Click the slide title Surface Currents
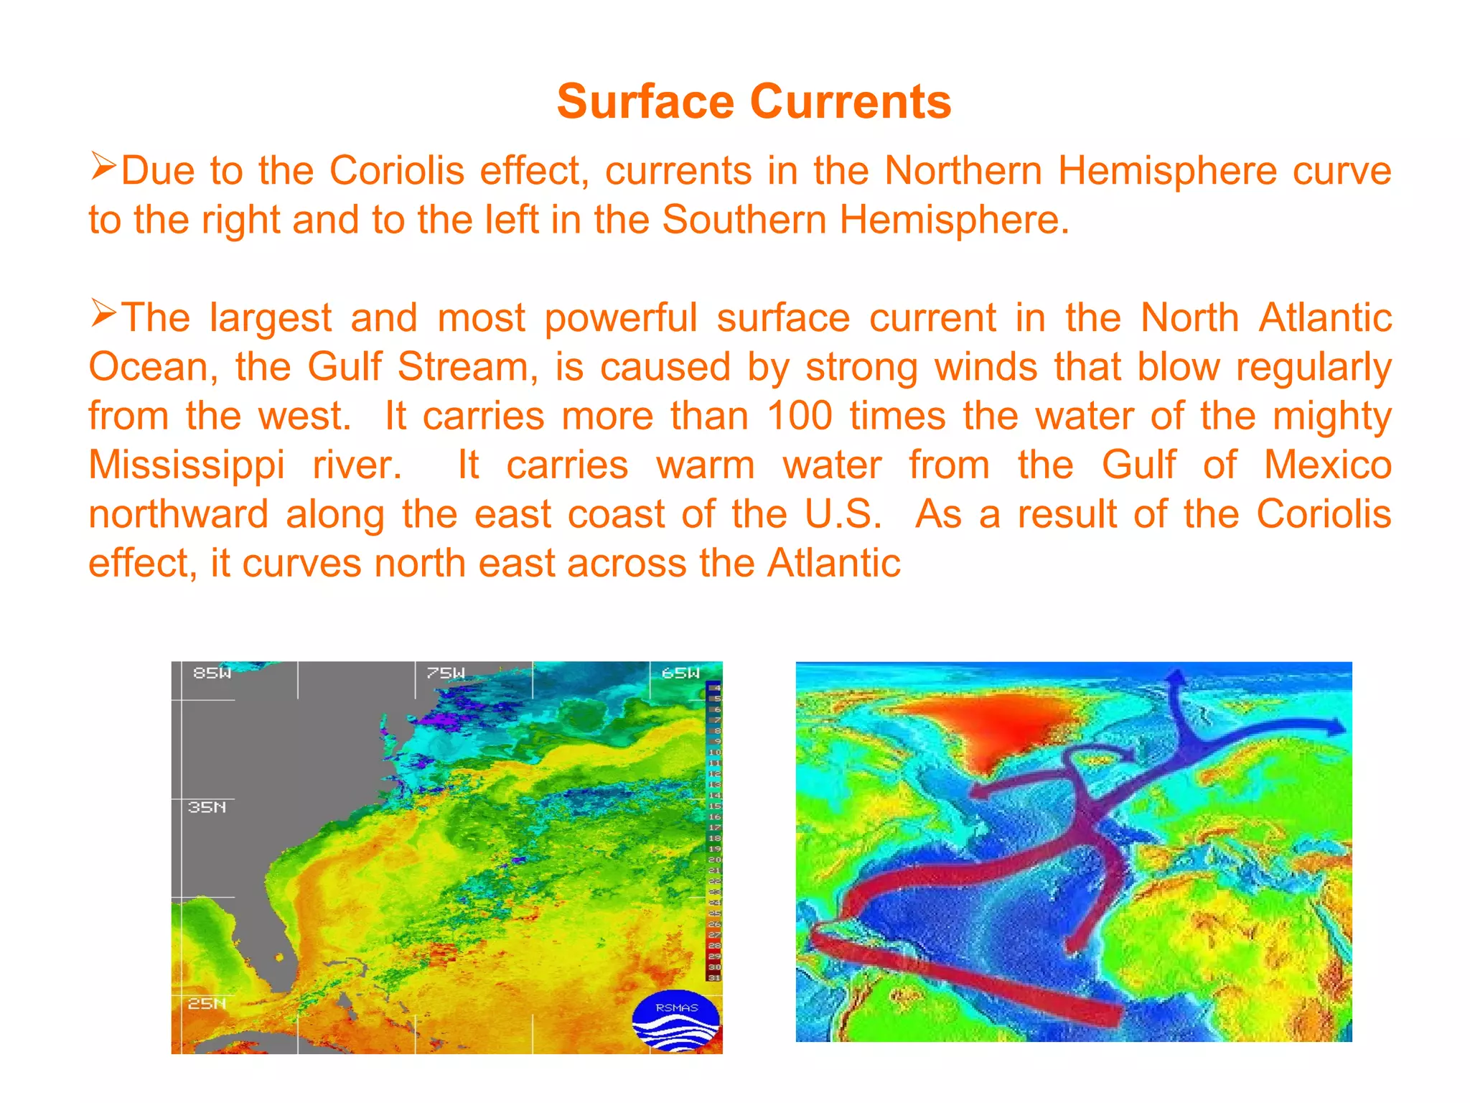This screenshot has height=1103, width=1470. click(x=754, y=101)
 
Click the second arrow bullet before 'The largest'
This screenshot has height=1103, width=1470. click(x=103, y=314)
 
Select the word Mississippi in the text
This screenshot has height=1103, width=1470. click(x=187, y=465)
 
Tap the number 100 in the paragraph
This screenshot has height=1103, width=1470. click(x=799, y=416)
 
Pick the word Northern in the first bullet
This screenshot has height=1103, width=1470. click(x=963, y=171)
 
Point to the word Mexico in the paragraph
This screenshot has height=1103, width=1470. click(x=1327, y=465)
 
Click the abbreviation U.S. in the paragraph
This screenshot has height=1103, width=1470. click(x=843, y=514)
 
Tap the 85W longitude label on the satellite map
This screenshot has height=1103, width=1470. click(x=212, y=673)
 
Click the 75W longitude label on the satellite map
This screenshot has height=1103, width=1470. click(x=446, y=673)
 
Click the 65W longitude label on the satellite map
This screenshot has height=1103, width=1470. click(x=680, y=673)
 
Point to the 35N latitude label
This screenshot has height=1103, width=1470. click(x=207, y=807)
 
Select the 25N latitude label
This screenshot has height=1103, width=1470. click(x=207, y=1003)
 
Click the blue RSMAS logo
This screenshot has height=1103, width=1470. click(x=675, y=1021)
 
